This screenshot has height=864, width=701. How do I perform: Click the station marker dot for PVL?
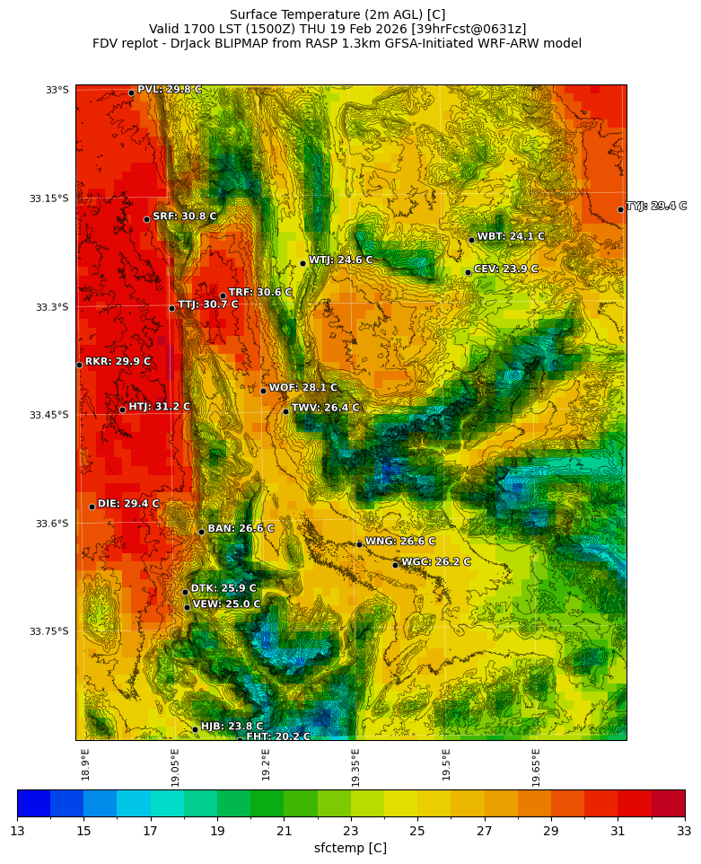tap(131, 93)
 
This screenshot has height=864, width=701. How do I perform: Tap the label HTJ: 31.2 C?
tap(159, 407)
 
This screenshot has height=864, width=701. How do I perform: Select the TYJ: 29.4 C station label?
tap(656, 207)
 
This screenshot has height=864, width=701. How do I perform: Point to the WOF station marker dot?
tap(263, 391)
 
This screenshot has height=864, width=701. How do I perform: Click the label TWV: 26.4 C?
tap(325, 408)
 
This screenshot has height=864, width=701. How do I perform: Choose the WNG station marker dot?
tap(359, 544)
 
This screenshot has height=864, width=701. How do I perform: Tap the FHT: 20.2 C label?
tap(278, 736)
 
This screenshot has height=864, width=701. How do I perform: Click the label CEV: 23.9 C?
tap(505, 269)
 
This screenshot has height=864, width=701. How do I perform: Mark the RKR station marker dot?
tap(79, 365)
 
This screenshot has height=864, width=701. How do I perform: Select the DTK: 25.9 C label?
tap(223, 588)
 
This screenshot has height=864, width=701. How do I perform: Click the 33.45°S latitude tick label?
tap(50, 415)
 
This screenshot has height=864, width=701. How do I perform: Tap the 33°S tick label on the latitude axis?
tap(57, 90)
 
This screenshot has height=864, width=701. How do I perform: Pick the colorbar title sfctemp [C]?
tap(350, 848)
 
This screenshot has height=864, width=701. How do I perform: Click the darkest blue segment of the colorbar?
tap(33, 803)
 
